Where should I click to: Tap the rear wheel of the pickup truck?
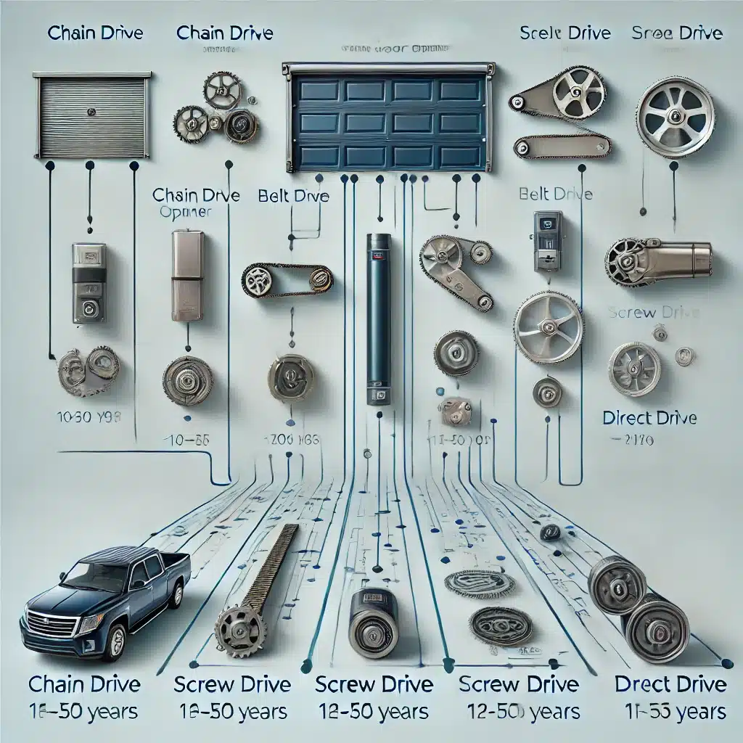[x=175, y=594]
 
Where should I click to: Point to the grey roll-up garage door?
[x=91, y=116]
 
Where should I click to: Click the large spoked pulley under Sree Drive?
[x=675, y=117]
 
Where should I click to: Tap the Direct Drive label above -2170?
[x=649, y=418]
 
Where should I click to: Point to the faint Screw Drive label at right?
[x=653, y=313]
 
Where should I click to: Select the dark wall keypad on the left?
[x=89, y=283]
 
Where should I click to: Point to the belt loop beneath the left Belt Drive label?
[x=287, y=280]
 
